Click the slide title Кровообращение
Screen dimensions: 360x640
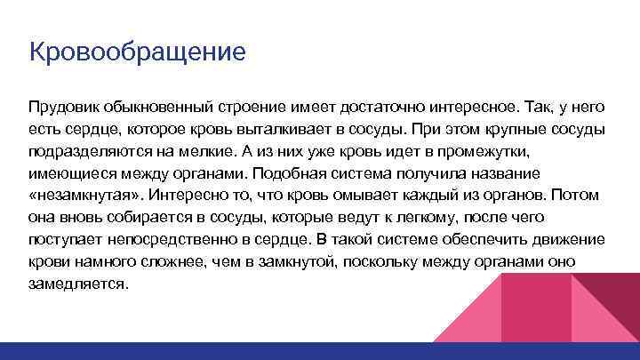(x=137, y=51)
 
